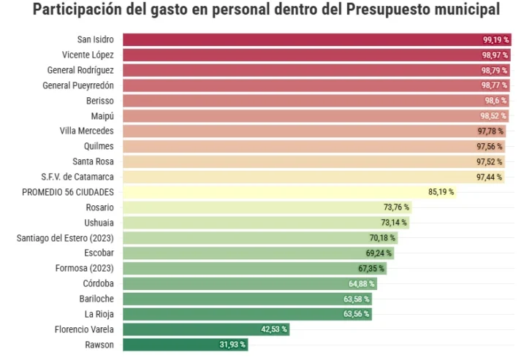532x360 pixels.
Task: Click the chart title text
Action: click(266, 10)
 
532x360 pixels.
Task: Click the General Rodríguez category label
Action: click(80, 70)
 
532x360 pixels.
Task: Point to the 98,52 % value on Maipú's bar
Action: click(493, 116)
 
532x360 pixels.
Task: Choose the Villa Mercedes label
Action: click(86, 131)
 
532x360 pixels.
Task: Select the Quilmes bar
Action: click(300, 147)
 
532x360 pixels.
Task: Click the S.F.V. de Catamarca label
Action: click(77, 177)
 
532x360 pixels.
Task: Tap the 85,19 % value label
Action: click(441, 192)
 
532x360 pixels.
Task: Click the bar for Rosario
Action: click(252, 207)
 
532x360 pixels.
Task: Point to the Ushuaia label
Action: click(99, 222)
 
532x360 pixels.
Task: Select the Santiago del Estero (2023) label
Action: click(65, 237)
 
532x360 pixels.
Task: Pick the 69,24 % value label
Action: click(379, 253)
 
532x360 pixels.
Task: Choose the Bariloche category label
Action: click(96, 299)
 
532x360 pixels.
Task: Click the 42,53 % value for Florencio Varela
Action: click(274, 329)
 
